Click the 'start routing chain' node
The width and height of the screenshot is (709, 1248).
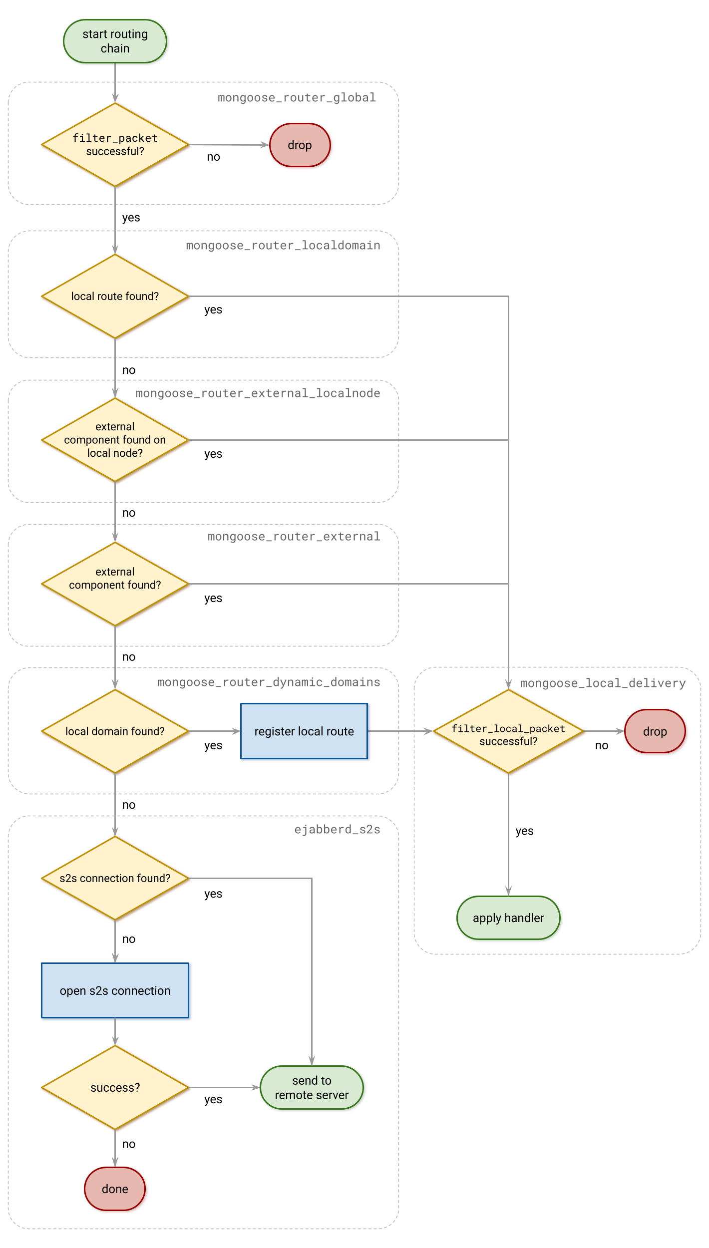coord(115,41)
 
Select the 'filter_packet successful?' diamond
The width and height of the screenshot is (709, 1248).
coord(115,145)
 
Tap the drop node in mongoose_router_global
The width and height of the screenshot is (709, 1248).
coord(300,145)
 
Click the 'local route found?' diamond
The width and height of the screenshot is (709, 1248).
coord(115,297)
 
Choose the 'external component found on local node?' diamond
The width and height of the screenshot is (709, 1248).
coord(115,440)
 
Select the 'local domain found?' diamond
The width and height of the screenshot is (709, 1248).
coord(115,731)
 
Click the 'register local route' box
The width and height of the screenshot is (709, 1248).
coord(305,731)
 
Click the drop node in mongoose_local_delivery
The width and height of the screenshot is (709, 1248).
coord(655,731)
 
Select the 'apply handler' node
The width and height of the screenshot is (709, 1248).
coord(508,918)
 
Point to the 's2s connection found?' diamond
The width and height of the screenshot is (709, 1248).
coord(115,878)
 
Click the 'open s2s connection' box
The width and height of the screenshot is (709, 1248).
coord(115,991)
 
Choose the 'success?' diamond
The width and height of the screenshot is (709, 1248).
coord(115,1088)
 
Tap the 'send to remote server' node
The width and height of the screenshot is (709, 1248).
coord(312,1088)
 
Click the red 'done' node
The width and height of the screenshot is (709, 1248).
coord(115,1189)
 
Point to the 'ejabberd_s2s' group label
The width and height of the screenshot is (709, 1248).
coord(337,830)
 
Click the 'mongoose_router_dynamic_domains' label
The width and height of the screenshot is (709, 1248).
coord(269,682)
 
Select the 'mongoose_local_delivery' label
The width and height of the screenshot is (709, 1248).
coord(603,683)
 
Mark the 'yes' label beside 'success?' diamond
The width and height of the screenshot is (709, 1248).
coord(213,1100)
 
